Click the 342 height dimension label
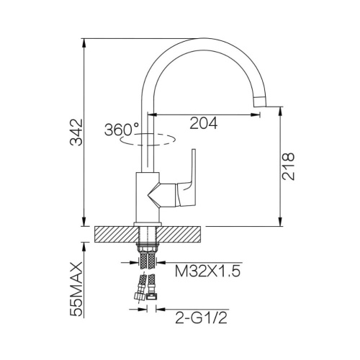point(76,132)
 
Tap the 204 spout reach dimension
point(204,123)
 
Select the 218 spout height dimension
point(288,166)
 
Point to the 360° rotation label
point(122,130)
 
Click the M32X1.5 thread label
point(207,271)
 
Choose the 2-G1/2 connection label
point(201,318)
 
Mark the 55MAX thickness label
point(76,289)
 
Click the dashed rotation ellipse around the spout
point(148,140)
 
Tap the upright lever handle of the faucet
point(193,168)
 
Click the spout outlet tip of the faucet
point(261,102)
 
